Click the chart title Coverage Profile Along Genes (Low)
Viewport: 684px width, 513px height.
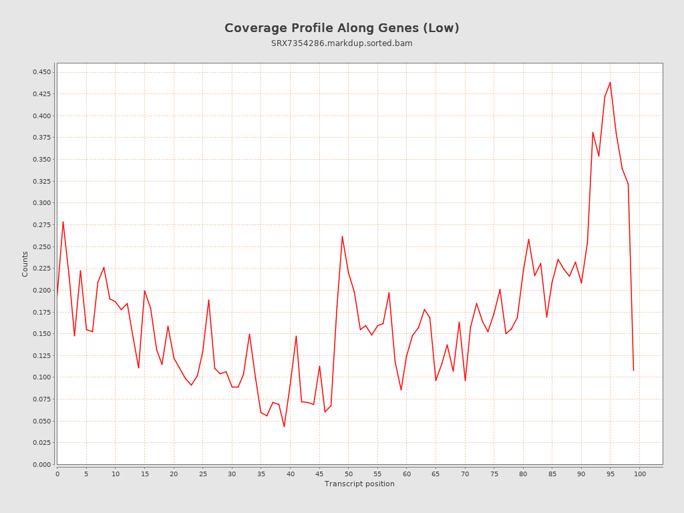[341, 28]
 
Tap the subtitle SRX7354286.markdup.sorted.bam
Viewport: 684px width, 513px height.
[341, 43]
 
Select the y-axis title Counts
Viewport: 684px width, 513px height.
[25, 264]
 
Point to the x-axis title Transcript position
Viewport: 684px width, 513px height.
[359, 484]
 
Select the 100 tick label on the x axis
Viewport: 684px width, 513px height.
[640, 474]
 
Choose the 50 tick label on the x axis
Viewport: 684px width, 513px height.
[349, 474]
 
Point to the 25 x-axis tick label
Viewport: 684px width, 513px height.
[203, 474]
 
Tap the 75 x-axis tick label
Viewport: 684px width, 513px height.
[494, 474]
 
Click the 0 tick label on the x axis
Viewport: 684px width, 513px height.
[57, 474]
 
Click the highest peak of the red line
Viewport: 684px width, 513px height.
[610, 82]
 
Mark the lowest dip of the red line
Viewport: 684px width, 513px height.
[284, 427]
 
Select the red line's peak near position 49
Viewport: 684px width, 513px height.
[342, 236]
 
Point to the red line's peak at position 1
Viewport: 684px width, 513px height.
[63, 222]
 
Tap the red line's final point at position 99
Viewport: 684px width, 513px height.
[633, 370]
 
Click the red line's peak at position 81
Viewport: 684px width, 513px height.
[528, 239]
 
